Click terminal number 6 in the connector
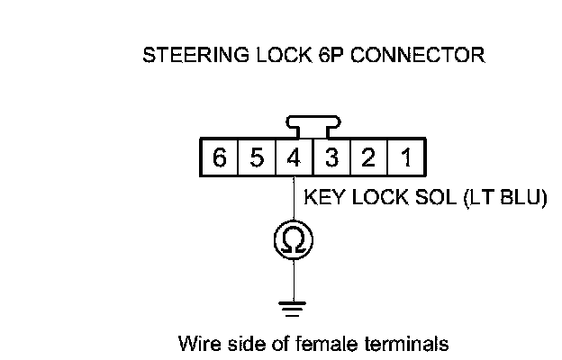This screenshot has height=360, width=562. point(219,159)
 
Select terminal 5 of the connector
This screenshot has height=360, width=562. point(256,159)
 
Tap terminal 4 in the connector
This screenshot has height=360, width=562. point(294,159)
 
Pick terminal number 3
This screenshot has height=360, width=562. point(331,159)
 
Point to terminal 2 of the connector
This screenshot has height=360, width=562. point(368,159)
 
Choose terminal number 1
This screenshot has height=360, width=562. point(406,159)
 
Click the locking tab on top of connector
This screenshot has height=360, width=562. point(313,123)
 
